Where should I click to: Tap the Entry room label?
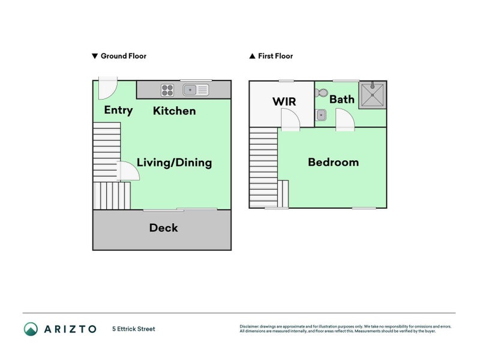coord(118,110)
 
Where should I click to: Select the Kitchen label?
coord(174,110)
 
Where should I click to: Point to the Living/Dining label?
coord(174,163)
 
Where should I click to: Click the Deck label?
coord(163,228)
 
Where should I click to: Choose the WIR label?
coord(284,101)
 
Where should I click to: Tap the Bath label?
coord(341,99)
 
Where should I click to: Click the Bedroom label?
coord(333,162)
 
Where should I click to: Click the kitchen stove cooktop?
coord(167,90)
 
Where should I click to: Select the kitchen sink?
coord(196,90)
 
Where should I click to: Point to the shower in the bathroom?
coord(372,95)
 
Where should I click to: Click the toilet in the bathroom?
coord(321,94)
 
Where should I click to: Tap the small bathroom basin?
coord(321,115)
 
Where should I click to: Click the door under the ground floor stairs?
coord(129,172)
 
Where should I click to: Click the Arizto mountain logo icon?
coord(31,329)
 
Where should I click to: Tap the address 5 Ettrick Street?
coord(133,329)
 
